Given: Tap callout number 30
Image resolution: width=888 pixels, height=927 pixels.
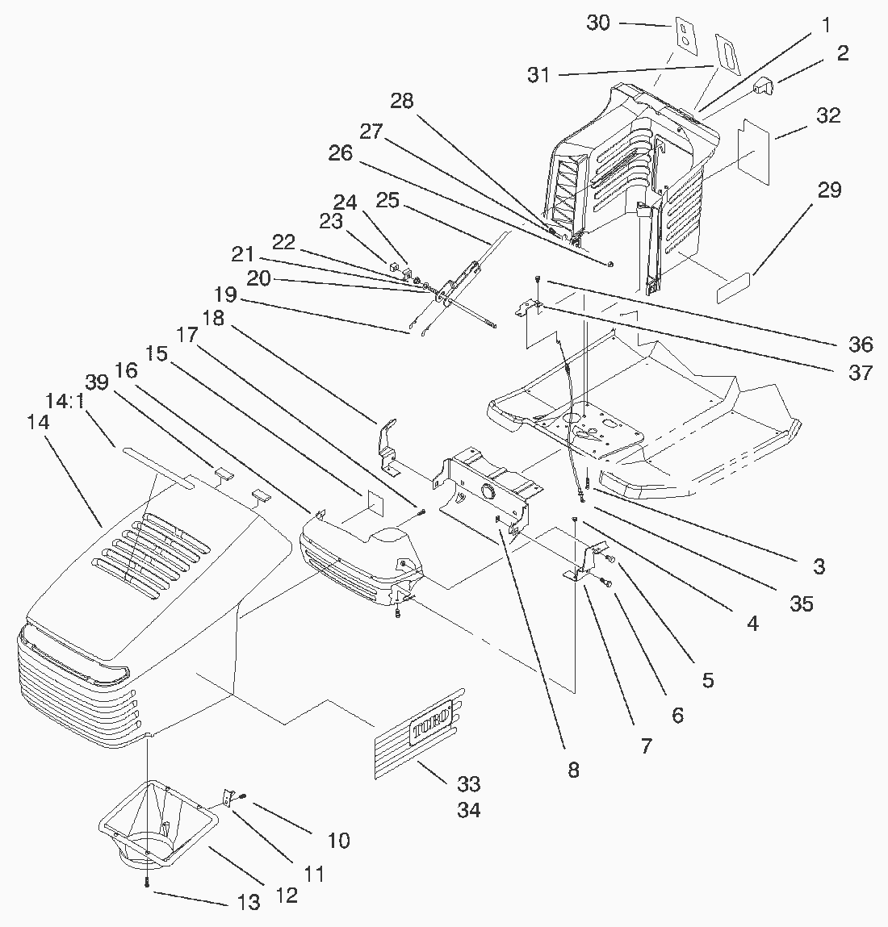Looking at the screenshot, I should [x=598, y=23].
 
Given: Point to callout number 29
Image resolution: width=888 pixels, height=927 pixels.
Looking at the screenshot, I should [x=829, y=190].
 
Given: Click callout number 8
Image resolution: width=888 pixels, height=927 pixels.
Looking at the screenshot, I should [x=573, y=770].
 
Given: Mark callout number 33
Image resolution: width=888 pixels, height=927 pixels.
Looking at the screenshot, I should [x=469, y=783].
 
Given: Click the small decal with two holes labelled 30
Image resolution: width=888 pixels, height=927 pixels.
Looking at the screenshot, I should [x=683, y=36].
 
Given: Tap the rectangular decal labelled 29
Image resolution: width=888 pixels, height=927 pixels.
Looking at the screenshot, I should [x=736, y=286].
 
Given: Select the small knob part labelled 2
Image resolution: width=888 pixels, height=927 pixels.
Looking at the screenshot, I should [x=764, y=86].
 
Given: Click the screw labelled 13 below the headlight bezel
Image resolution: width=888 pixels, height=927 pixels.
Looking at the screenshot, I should [x=147, y=884].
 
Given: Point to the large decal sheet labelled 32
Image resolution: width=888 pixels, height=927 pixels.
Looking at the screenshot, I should [x=756, y=152].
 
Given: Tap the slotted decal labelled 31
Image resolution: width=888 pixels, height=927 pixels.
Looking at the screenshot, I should [x=728, y=55].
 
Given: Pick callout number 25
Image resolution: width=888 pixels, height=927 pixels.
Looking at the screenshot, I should [x=387, y=200].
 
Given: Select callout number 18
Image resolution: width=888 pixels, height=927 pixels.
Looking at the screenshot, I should [x=214, y=319].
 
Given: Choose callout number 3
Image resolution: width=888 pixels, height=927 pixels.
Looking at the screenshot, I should [x=819, y=566].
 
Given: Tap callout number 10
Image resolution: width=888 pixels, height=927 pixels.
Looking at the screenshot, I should [x=339, y=840].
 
